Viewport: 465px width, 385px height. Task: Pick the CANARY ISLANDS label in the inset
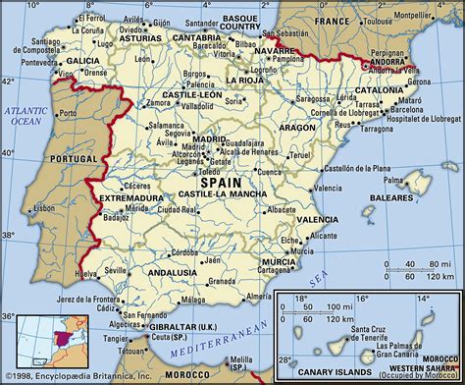point(311,371)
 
